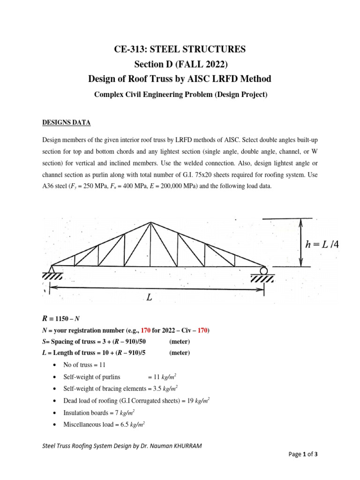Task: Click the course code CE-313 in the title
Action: (130, 49)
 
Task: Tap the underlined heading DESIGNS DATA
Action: (67, 123)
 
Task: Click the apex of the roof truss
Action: (150, 222)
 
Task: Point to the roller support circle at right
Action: (264, 270)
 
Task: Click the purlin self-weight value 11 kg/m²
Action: (162, 376)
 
